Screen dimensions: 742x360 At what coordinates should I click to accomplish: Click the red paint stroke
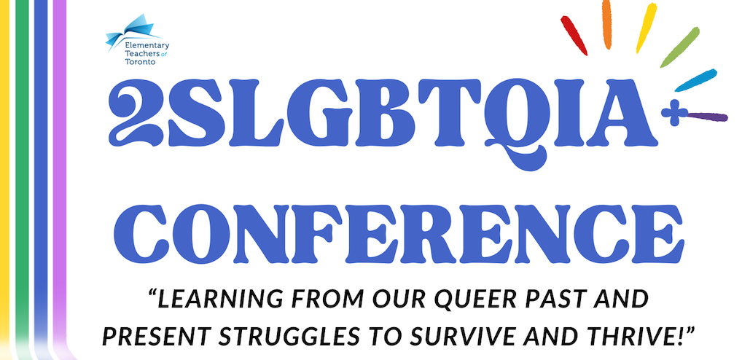pyautogui.click(x=574, y=36)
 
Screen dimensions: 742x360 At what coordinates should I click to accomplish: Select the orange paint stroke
pyautogui.click(x=606, y=23)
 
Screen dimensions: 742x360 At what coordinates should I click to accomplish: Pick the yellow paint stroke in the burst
pyautogui.click(x=647, y=28)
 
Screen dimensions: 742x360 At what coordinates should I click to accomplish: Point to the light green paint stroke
pyautogui.click(x=680, y=47)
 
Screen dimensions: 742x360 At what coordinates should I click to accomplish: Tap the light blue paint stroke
pyautogui.click(x=695, y=80)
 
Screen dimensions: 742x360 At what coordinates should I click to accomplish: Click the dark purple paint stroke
pyautogui.click(x=707, y=117)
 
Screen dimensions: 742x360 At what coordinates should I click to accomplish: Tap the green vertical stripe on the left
pyautogui.click(x=22, y=175)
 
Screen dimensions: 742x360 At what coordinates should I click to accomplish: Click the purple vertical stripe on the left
pyautogui.click(x=60, y=175)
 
